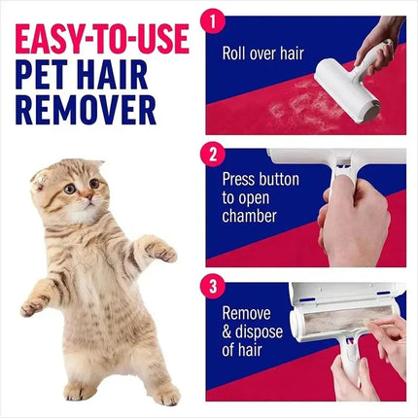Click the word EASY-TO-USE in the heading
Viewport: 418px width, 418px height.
pos(100,42)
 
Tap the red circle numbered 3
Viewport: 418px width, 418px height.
pos(216,286)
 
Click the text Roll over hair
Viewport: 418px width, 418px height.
pos(262,53)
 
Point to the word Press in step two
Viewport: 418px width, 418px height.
pos(242,180)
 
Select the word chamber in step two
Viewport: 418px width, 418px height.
pos(251,215)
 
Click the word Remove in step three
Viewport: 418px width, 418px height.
pos(248,313)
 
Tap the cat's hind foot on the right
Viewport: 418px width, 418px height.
pos(165,395)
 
